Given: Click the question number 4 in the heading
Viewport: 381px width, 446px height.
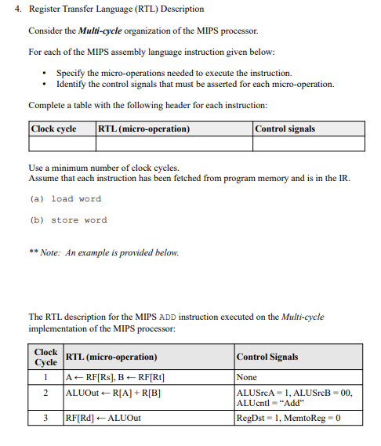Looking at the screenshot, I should click(18, 9).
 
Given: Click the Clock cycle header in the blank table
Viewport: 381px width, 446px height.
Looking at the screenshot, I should click(53, 129).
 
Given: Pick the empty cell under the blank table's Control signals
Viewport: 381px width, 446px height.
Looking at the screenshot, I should click(308, 143).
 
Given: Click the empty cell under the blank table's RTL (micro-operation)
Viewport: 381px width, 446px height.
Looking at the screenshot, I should click(174, 143).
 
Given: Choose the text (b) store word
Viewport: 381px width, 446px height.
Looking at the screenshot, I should click(68, 220).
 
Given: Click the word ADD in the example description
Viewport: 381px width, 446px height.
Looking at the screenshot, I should click(180, 317).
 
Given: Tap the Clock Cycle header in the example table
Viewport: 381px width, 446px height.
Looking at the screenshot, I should click(46, 357).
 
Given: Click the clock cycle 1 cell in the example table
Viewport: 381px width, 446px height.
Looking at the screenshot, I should click(46, 378).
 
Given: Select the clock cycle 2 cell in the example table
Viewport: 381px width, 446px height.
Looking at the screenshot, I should click(46, 392).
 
